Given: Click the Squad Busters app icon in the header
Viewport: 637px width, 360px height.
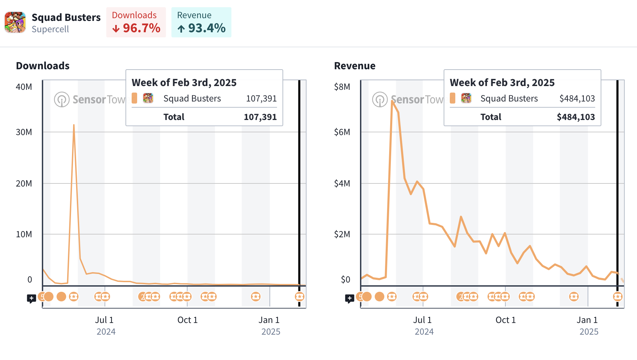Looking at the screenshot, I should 15,23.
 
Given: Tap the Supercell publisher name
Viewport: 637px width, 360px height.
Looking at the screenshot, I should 50,29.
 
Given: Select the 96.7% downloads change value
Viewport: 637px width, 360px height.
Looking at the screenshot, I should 142,28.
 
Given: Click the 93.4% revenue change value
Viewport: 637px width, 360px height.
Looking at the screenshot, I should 207,28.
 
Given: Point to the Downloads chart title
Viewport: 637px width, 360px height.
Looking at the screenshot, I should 43,66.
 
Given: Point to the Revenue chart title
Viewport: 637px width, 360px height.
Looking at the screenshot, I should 355,66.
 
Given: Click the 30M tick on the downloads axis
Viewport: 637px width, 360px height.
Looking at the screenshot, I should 24,132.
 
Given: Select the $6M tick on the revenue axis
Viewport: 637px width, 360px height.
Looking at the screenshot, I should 342,132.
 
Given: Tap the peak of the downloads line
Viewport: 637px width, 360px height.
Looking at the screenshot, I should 74,125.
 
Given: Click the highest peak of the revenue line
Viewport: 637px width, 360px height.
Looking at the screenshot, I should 392,101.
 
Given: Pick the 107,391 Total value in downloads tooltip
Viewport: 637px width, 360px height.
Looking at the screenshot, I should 260,117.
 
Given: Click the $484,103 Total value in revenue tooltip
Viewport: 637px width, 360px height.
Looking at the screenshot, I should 576,117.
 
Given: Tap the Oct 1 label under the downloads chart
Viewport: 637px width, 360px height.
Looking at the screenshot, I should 188,320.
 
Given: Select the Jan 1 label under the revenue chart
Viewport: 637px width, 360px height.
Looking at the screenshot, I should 587,320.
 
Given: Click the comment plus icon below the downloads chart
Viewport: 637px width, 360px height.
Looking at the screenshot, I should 32,298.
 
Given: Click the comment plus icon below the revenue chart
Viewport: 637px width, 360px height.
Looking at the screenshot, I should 350,298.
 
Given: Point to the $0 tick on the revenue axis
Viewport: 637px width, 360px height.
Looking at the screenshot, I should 346,280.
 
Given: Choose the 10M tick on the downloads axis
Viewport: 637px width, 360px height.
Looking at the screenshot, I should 24,235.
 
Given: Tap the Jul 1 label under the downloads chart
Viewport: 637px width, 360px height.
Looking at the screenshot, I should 104,320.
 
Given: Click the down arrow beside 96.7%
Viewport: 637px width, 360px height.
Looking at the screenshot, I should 116,29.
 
